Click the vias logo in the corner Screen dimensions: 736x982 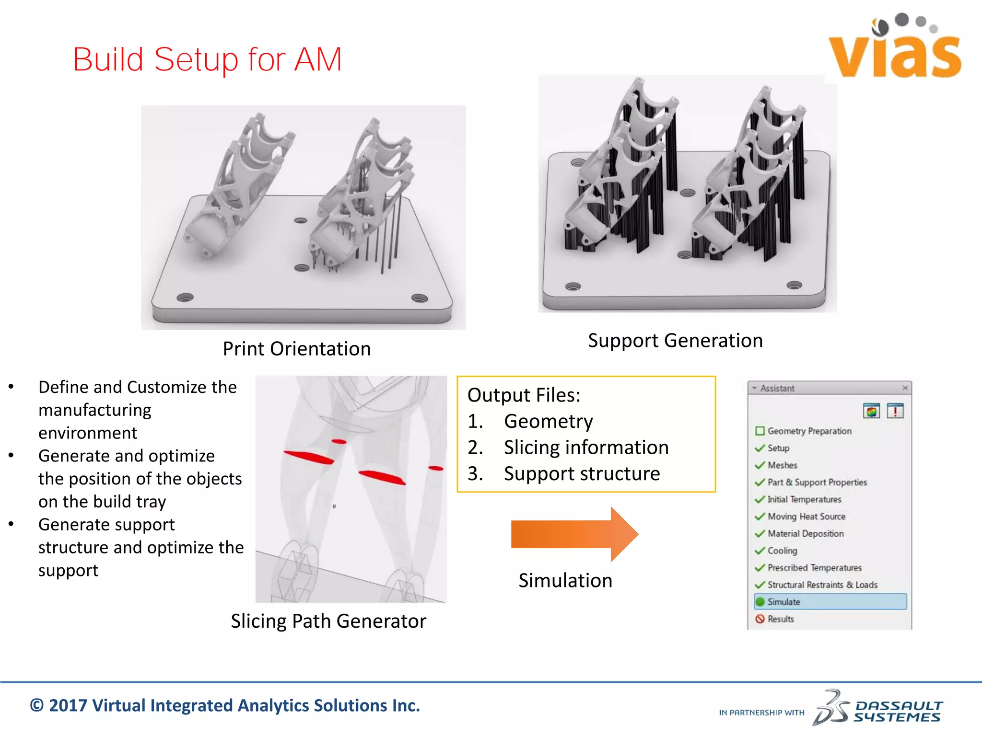point(895,48)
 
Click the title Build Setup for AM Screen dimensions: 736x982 point(207,60)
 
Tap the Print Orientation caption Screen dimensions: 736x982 point(297,349)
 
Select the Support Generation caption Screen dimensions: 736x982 point(675,341)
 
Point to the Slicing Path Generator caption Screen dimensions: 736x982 point(328,621)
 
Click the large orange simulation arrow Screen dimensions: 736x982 point(574,534)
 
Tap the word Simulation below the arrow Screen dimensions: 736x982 point(565,581)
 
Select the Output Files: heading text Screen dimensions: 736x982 point(524,395)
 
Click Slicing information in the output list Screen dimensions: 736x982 point(585,448)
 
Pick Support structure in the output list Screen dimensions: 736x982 point(582,474)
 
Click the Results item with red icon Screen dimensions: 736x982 point(780,619)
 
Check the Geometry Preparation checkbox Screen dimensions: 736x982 point(760,431)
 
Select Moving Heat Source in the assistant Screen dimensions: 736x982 point(806,517)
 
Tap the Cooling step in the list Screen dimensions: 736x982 point(782,551)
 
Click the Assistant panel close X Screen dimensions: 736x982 point(905,388)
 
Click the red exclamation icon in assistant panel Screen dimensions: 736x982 point(895,411)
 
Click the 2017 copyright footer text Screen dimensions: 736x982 point(225,706)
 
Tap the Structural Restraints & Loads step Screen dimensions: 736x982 point(822,585)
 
